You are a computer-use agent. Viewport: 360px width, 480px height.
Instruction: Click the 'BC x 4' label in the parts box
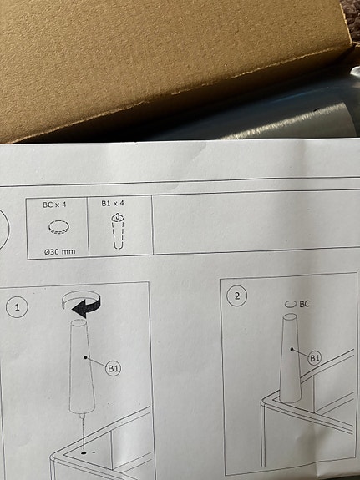click(x=54, y=205)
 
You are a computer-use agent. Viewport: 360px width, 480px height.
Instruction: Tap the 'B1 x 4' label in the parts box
click(x=113, y=203)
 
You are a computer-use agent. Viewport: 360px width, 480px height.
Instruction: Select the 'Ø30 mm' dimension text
click(x=60, y=251)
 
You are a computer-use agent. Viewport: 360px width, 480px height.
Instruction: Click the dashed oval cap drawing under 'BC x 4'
click(x=58, y=227)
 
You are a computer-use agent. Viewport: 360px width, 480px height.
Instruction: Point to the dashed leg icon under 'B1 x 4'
click(x=118, y=231)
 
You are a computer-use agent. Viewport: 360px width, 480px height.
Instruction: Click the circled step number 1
click(x=17, y=306)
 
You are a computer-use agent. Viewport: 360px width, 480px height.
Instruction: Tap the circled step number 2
click(x=237, y=296)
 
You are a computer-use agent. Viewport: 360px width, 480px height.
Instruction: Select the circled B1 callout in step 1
click(x=113, y=369)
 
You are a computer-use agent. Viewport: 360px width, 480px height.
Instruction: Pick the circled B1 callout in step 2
click(x=315, y=358)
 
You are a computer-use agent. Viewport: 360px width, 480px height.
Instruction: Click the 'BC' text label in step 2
click(x=304, y=304)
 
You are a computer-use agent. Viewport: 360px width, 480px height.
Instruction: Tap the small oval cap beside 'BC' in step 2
click(x=291, y=304)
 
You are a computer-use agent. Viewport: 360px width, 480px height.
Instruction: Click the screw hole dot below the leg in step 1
click(x=84, y=452)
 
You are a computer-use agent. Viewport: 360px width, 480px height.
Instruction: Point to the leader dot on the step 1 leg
click(x=85, y=357)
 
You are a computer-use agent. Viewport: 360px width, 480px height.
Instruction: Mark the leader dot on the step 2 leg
click(x=292, y=349)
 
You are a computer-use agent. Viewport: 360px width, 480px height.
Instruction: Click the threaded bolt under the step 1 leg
click(x=82, y=416)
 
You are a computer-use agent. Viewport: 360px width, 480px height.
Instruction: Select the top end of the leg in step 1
click(x=79, y=323)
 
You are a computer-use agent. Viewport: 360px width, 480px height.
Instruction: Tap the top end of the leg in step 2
click(x=290, y=316)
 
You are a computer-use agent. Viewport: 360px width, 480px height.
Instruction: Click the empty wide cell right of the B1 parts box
click(x=256, y=222)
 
